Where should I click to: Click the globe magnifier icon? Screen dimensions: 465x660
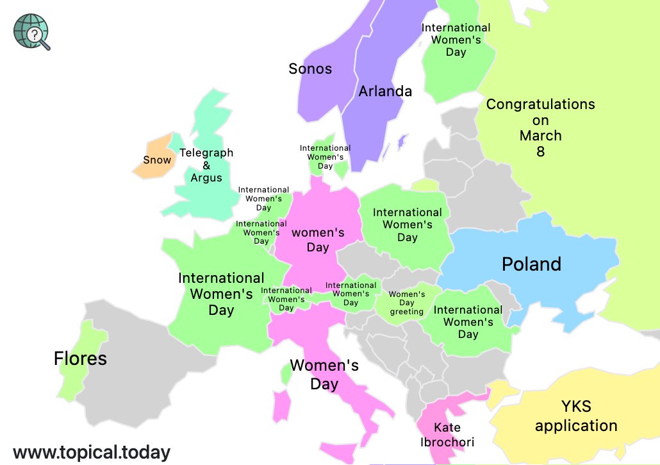click(31, 31)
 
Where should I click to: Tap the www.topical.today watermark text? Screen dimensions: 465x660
click(92, 452)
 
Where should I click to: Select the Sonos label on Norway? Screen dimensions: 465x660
click(310, 69)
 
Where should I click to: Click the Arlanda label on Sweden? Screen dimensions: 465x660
click(385, 91)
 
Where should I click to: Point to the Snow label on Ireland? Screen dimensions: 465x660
click(157, 160)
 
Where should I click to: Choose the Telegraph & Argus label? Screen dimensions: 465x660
click(206, 165)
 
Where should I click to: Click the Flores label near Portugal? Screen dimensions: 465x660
click(80, 358)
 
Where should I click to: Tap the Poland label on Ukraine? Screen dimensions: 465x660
click(531, 264)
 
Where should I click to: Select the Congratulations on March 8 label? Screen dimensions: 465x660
click(540, 128)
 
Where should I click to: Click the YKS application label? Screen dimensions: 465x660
click(576, 416)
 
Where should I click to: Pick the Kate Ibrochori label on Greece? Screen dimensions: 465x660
click(447, 434)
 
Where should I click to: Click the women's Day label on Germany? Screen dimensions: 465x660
click(318, 239)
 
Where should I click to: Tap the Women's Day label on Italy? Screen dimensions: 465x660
click(324, 375)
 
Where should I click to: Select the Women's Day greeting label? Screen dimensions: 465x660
click(407, 303)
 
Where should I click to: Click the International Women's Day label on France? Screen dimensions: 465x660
click(221, 294)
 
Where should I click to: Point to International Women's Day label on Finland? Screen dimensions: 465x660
click(456, 40)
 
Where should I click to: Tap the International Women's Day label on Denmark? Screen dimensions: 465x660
click(325, 157)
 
